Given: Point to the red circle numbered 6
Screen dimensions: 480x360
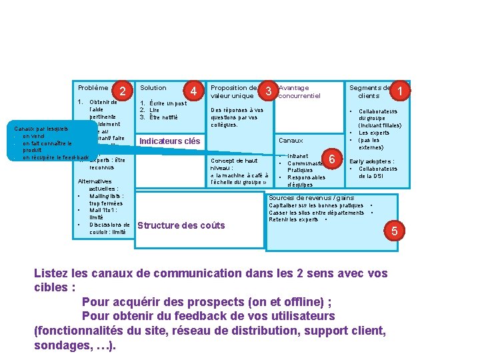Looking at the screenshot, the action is click(x=331, y=158).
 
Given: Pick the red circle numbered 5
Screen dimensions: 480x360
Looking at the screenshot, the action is click(x=394, y=231).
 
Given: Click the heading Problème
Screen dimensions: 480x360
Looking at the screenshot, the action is click(x=93, y=87).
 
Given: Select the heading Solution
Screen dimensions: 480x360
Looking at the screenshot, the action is click(x=153, y=87).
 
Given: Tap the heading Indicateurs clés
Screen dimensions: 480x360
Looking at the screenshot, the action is click(x=169, y=141).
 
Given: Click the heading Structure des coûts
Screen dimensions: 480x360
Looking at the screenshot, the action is click(x=181, y=225).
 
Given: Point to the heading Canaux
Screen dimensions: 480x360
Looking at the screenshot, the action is click(x=291, y=141).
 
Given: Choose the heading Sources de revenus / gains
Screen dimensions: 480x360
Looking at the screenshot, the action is click(x=311, y=198).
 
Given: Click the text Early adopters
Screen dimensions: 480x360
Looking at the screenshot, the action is click(x=371, y=161).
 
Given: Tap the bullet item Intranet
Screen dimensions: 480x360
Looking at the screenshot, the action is click(x=297, y=156).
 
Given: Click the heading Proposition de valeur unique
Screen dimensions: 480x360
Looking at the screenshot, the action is click(x=233, y=91).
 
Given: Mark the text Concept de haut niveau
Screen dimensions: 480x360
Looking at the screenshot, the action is click(x=233, y=165).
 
